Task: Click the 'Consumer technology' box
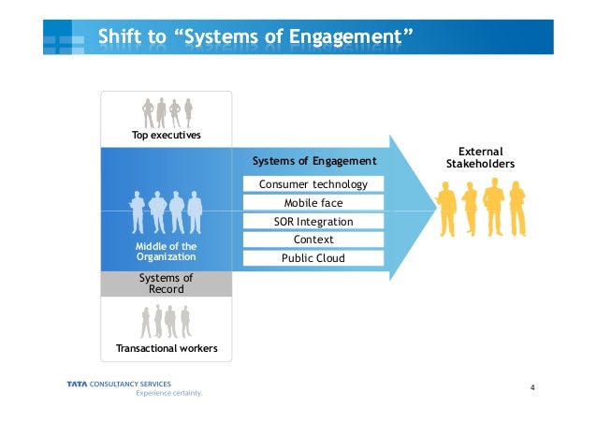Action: [313, 184]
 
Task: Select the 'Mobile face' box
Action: [313, 203]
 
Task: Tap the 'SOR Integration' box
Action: [313, 222]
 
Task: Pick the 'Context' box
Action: [313, 240]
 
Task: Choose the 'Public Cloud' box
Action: [313, 258]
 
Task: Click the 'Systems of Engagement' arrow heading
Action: [314, 161]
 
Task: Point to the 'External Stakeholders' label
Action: [480, 158]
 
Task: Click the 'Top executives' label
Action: [167, 136]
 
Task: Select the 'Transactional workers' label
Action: [167, 349]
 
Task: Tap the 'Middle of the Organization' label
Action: [167, 251]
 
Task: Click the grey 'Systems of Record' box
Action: [167, 284]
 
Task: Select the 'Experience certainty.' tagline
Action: [168, 393]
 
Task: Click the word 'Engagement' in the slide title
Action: [347, 36]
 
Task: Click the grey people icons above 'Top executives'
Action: [167, 112]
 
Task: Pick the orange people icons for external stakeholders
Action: [481, 208]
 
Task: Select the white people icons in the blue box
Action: [167, 211]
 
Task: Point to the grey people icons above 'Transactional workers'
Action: [167, 322]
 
